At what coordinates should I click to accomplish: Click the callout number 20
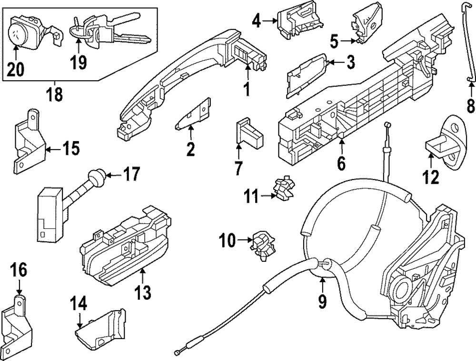coord(16,70)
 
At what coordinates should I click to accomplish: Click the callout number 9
coord(322,301)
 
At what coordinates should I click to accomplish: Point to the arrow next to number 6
coord(341,144)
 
